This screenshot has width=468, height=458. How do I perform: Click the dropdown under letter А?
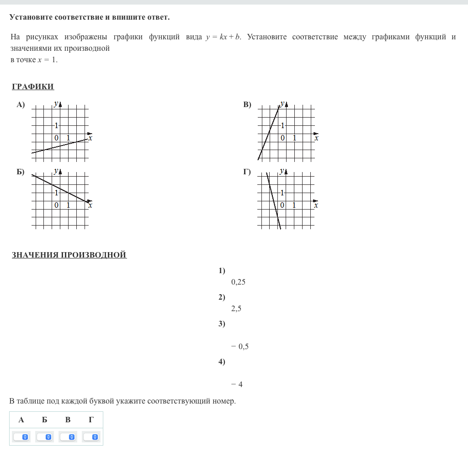pyautogui.click(x=21, y=437)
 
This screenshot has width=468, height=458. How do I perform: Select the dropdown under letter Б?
pyautogui.click(x=45, y=437)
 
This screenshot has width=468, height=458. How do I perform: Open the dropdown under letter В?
pyautogui.click(x=68, y=437)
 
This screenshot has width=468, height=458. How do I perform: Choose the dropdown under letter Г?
pyautogui.click(x=91, y=437)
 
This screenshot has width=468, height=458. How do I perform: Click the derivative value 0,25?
pyautogui.click(x=239, y=282)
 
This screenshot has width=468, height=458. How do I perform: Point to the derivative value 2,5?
pyautogui.click(x=236, y=309)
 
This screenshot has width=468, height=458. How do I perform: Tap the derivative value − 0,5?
pyautogui.click(x=240, y=346)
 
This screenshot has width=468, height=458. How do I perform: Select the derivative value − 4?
pyautogui.click(x=237, y=384)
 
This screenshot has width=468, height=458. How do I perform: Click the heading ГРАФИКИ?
pyautogui.click(x=33, y=87)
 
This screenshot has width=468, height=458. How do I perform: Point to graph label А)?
pyautogui.click(x=21, y=105)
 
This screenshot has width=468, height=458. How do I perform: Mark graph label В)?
pyautogui.click(x=247, y=105)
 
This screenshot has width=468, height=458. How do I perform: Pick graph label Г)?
pyautogui.click(x=247, y=172)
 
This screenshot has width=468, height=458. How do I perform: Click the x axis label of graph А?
pyautogui.click(x=90, y=138)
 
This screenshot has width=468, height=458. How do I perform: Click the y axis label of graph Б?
pyautogui.click(x=56, y=171)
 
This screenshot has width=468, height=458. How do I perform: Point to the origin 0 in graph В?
pyautogui.click(x=283, y=138)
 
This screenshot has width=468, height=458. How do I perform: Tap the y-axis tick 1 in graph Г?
pyautogui.click(x=282, y=193)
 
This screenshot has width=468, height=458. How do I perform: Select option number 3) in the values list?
pyautogui.click(x=222, y=324)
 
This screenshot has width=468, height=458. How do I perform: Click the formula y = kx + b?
pyautogui.click(x=223, y=37)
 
